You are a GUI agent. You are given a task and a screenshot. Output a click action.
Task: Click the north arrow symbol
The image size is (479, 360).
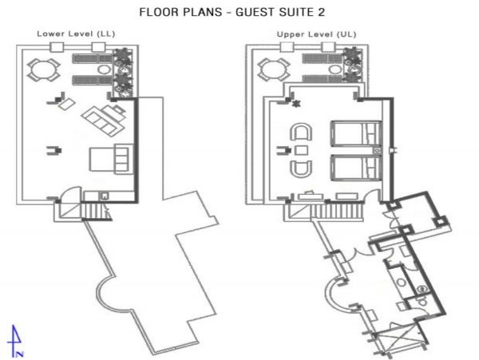tap(16, 341)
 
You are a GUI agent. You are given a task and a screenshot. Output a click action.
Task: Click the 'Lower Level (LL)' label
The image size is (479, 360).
tap(76, 34)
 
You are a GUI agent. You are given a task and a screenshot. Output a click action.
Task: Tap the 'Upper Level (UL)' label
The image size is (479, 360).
tap(316, 34)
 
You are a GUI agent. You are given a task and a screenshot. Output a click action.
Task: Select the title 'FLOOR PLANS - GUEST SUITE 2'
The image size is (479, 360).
tap(232, 12)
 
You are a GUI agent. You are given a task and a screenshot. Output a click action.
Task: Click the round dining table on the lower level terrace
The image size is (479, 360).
tap(43, 70)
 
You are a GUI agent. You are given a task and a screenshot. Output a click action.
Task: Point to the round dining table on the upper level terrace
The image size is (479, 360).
tap(274, 70)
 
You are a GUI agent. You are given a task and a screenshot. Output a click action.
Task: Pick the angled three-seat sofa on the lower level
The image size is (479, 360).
tap(104, 120)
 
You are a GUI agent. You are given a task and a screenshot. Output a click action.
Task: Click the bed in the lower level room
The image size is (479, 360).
tap(109, 159)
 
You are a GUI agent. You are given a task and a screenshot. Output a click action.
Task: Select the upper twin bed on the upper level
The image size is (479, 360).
tap(356, 133)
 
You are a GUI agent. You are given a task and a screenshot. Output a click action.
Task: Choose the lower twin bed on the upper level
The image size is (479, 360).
tap(356, 168)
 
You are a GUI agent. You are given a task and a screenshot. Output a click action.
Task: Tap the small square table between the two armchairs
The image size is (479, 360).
tap(302, 150)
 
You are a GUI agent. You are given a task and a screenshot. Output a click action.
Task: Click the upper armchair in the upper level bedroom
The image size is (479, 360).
tap(301, 132)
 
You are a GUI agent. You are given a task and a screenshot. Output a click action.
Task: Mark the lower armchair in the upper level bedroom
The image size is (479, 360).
tap(301, 169)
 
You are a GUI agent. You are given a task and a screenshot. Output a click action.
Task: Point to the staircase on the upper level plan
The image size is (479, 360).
tap(337, 212)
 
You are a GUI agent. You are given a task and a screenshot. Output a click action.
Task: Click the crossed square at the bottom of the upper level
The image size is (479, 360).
tap(396, 340)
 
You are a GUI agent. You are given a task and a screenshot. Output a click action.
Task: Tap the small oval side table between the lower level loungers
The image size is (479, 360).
tap(104, 69)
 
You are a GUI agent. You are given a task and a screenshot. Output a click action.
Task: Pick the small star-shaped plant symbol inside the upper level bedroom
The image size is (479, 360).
tap(295, 104)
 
